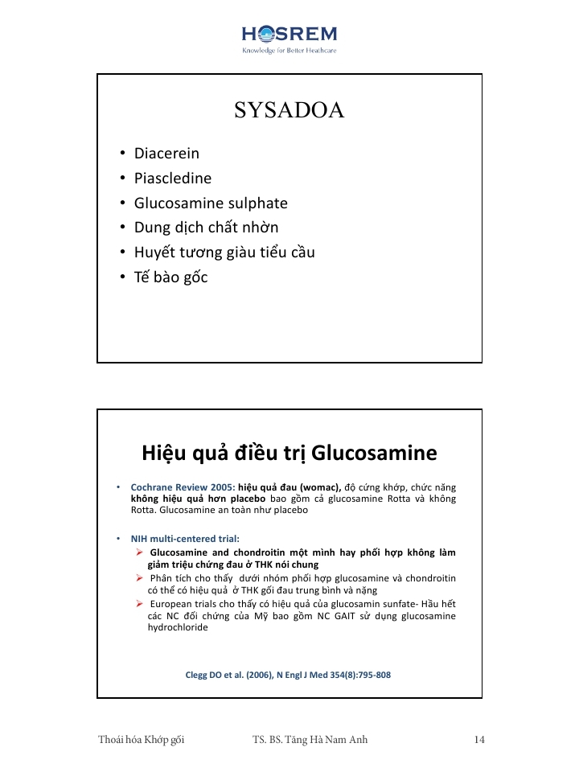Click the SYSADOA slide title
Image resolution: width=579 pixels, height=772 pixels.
click(289, 111)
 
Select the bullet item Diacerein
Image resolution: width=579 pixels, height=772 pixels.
click(166, 153)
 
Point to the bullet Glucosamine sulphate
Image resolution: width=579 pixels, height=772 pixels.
click(211, 203)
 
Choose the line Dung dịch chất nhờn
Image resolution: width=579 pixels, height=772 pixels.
click(206, 228)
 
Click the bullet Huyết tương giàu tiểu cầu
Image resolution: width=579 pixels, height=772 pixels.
click(224, 253)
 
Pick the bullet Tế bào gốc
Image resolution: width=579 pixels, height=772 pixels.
click(170, 277)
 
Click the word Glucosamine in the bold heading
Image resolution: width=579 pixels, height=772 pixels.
click(374, 453)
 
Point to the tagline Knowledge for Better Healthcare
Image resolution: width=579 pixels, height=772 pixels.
click(289, 50)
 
